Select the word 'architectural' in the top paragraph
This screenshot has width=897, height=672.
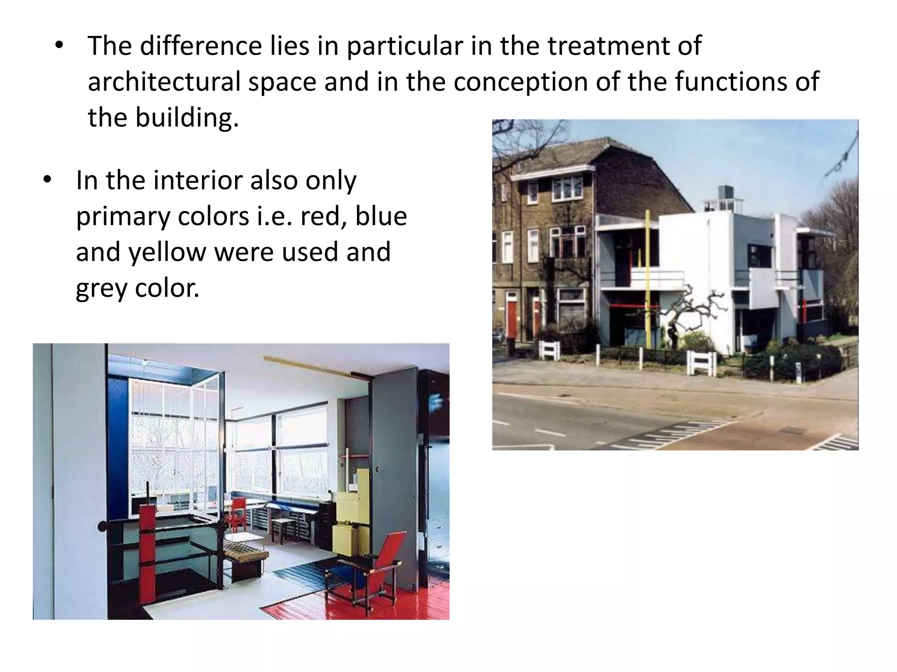pyautogui.click(x=164, y=82)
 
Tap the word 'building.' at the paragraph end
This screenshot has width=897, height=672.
pyautogui.click(x=187, y=118)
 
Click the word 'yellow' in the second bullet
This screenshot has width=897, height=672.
pyautogui.click(x=167, y=252)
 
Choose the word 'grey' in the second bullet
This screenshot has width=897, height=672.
pyautogui.click(x=101, y=288)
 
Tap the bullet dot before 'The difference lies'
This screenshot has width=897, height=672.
pyautogui.click(x=59, y=45)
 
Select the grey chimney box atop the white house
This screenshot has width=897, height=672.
pyautogui.click(x=725, y=192)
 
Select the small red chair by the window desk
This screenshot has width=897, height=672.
pyautogui.click(x=238, y=512)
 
